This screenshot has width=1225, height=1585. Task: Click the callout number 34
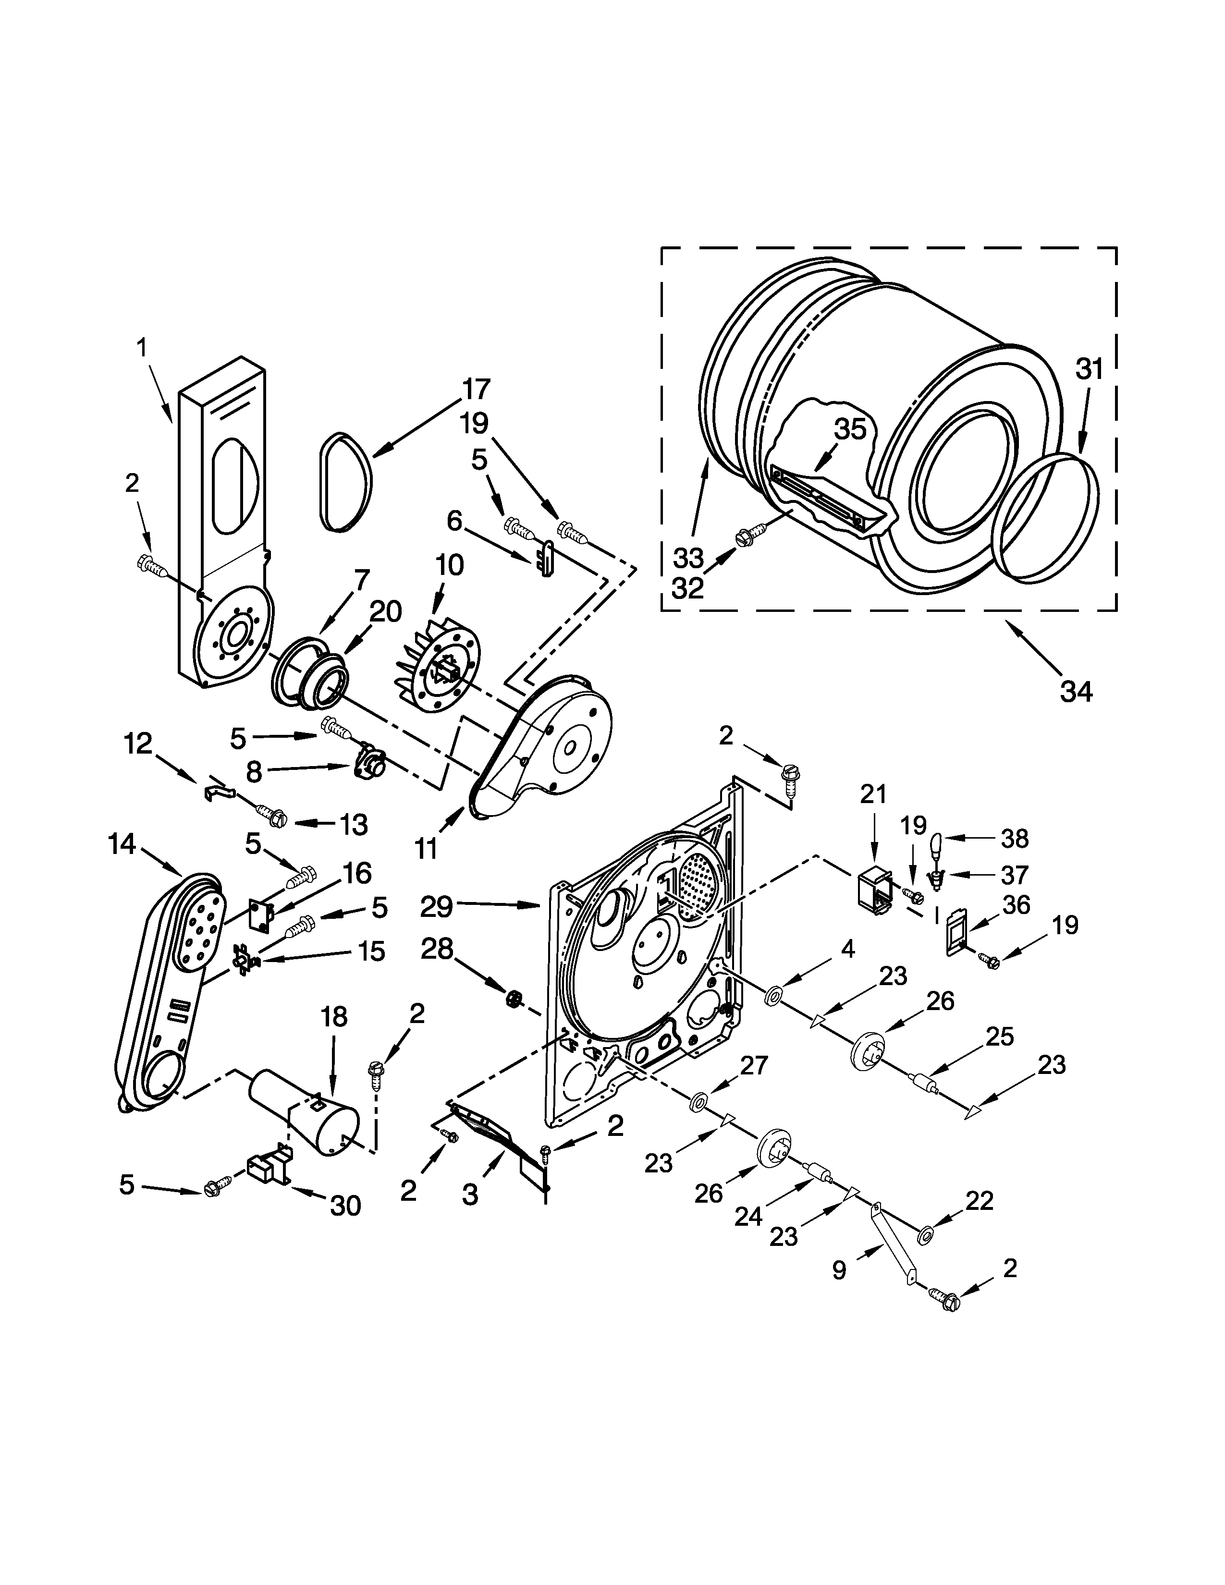[1076, 692]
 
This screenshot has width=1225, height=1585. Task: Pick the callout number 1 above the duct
[142, 348]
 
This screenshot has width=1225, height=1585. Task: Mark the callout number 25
[999, 1036]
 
